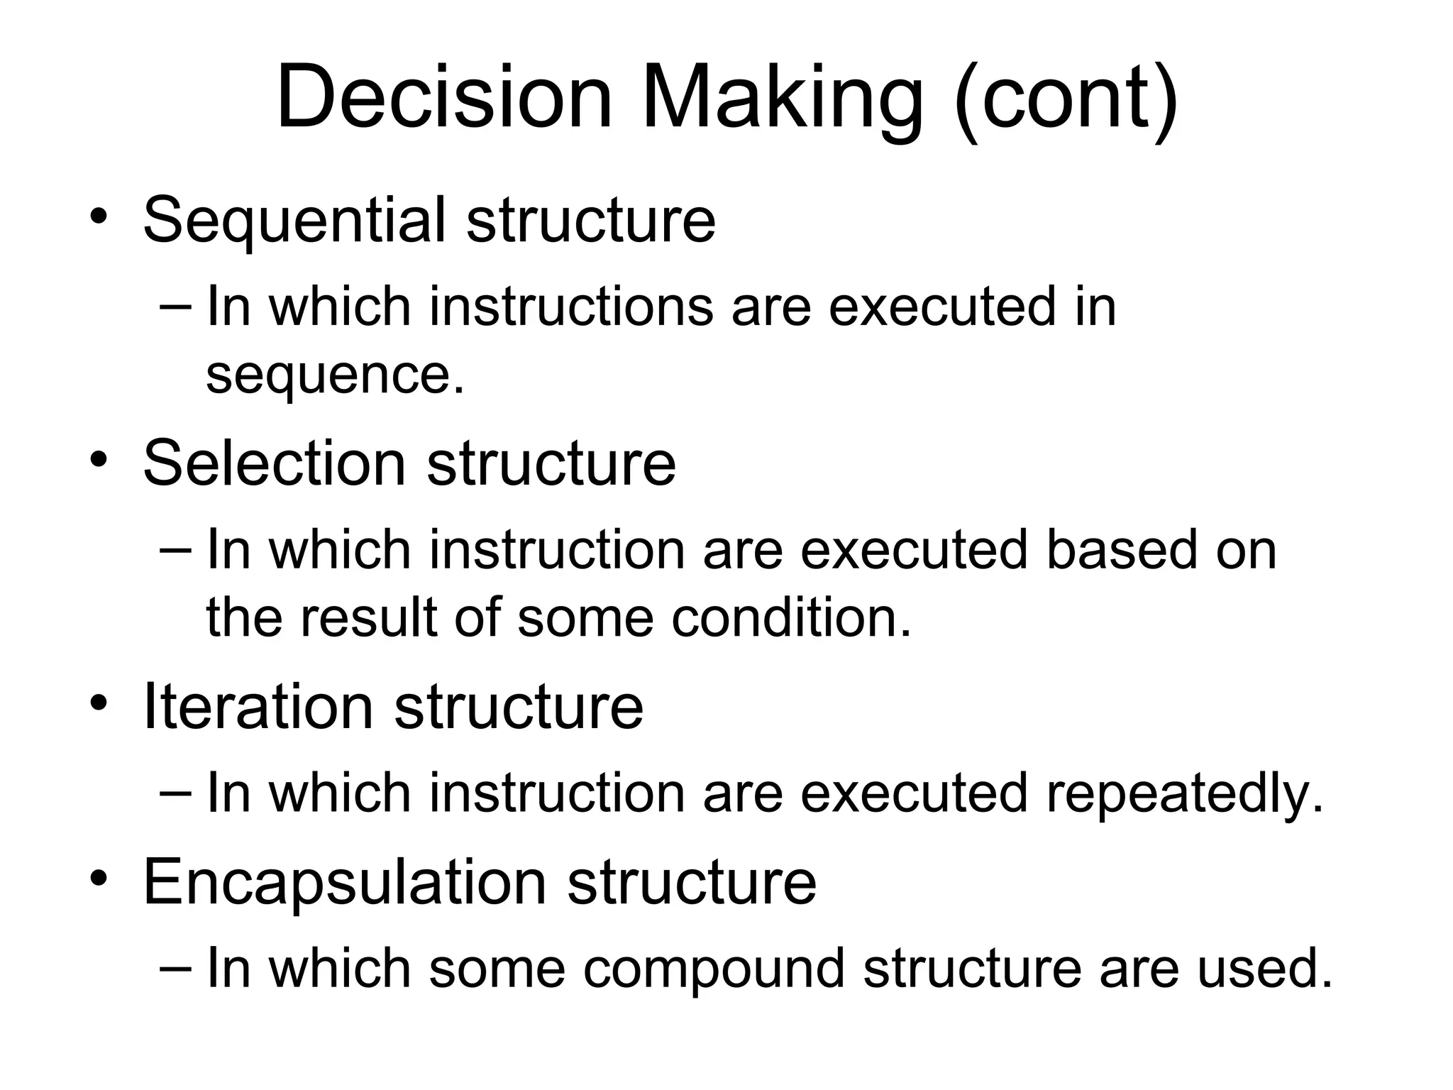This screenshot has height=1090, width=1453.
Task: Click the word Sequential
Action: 294,220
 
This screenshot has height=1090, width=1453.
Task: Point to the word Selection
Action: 275,463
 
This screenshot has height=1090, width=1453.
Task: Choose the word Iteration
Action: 258,707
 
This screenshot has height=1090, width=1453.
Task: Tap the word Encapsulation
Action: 344,882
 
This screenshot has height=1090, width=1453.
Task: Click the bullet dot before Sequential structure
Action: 99,216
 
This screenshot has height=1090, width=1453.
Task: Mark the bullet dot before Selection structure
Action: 99,459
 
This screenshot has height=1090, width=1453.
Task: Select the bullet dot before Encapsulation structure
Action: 99,878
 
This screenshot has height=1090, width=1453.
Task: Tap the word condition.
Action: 791,618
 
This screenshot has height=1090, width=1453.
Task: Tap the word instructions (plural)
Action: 571,307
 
